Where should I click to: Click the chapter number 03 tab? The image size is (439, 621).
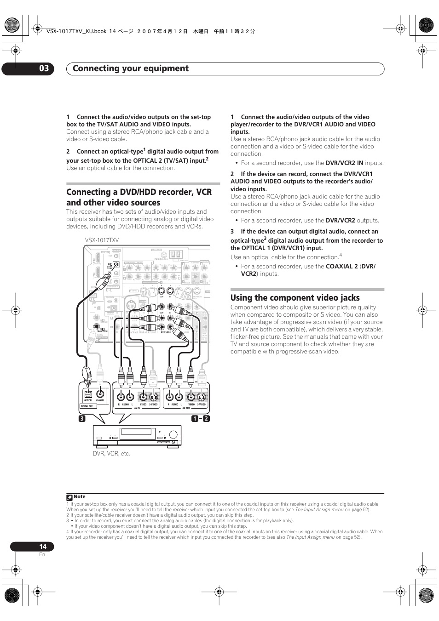(43, 68)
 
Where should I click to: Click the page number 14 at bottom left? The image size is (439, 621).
(42, 547)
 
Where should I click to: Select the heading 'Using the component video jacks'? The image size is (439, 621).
(295, 297)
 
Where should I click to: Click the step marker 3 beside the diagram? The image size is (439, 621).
(81, 418)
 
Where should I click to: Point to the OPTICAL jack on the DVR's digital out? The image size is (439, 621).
(88, 394)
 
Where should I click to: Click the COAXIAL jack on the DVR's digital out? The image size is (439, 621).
(100, 394)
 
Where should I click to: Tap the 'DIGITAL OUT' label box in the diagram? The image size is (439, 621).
(87, 406)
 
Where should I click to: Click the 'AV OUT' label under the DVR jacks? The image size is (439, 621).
(186, 408)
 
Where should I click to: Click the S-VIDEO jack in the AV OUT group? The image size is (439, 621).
(202, 396)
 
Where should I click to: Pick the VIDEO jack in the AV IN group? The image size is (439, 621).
(143, 396)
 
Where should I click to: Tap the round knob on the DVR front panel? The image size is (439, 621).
(173, 434)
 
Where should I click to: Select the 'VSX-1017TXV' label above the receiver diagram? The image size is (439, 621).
(102, 240)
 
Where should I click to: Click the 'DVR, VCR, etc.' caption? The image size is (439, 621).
(111, 453)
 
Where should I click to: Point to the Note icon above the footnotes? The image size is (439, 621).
(69, 497)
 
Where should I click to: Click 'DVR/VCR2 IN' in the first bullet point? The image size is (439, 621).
(344, 163)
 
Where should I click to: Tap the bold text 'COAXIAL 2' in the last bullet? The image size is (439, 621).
(341, 266)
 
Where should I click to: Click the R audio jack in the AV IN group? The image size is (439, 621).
(121, 396)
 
